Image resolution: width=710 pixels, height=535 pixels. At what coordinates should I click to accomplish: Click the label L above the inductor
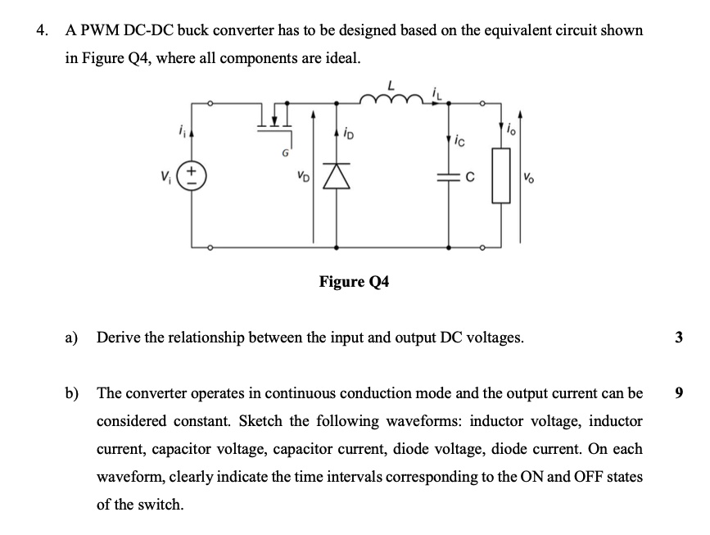pos(392,83)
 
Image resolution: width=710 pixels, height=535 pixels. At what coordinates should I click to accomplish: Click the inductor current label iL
pos(442,89)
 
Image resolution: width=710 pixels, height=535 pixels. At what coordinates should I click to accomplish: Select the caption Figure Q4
pos(354,282)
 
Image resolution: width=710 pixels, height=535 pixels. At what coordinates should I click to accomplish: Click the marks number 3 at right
pos(679,337)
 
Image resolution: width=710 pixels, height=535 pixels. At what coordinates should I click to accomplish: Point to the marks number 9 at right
pos(679,393)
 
